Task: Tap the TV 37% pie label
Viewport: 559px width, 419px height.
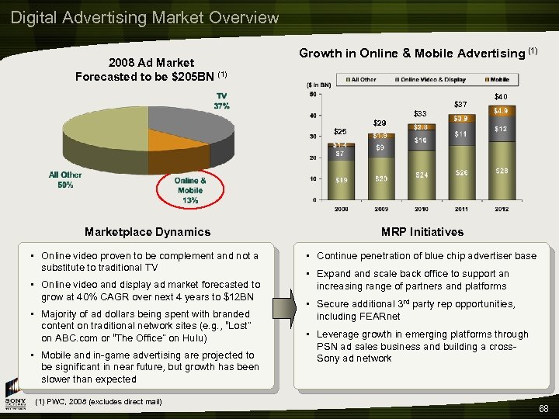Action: click(x=222, y=101)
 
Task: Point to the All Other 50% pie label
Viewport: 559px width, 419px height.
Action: click(x=64, y=180)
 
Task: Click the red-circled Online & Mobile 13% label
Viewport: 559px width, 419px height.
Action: click(x=189, y=190)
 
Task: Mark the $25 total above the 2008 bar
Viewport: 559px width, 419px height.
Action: click(x=340, y=131)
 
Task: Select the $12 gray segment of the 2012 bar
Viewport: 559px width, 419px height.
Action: click(x=502, y=129)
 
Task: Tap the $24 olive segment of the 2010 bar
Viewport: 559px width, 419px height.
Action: click(x=421, y=175)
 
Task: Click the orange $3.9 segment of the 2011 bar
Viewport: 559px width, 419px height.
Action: click(x=460, y=118)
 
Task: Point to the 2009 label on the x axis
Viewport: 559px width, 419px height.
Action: click(x=380, y=209)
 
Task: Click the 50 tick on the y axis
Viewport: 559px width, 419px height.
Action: click(x=312, y=95)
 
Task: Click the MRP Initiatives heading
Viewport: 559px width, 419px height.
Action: click(x=422, y=231)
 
